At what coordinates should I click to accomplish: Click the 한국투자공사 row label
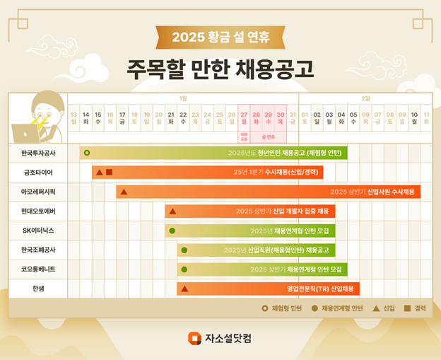(38, 153)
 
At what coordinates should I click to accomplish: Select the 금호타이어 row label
(38, 172)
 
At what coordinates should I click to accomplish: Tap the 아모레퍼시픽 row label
(38, 192)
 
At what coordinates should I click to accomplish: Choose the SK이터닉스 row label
(38, 231)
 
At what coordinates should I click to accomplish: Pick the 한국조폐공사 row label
(38, 250)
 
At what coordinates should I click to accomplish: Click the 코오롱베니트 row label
(38, 269)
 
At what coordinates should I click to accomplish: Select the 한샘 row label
(38, 289)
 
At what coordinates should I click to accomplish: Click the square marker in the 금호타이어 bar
(110, 172)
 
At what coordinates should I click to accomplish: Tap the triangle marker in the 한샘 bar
(184, 289)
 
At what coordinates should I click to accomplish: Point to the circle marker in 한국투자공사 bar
(87, 153)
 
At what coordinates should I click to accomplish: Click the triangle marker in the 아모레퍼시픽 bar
(124, 192)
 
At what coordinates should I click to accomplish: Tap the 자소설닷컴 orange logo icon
(194, 338)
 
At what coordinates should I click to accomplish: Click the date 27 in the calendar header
(244, 114)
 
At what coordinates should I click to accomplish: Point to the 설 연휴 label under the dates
(268, 136)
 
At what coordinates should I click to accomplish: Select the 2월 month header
(365, 98)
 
